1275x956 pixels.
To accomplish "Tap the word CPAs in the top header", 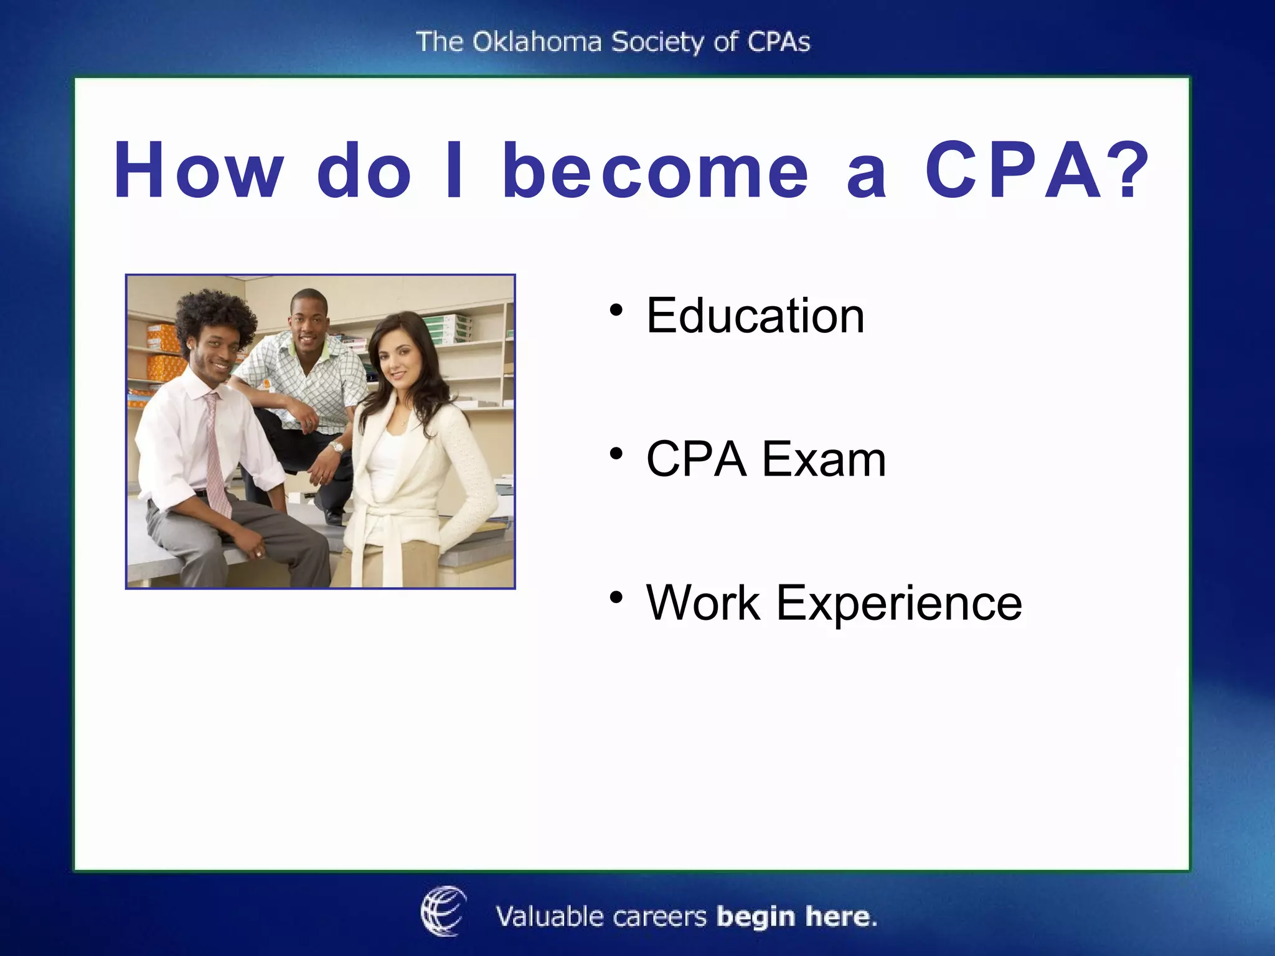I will [778, 42].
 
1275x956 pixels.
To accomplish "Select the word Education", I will [755, 316].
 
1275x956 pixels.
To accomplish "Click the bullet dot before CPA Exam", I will [616, 454].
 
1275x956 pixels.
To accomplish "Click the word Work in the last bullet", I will [703, 603].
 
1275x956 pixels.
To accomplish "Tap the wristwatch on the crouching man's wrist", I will [337, 448].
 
